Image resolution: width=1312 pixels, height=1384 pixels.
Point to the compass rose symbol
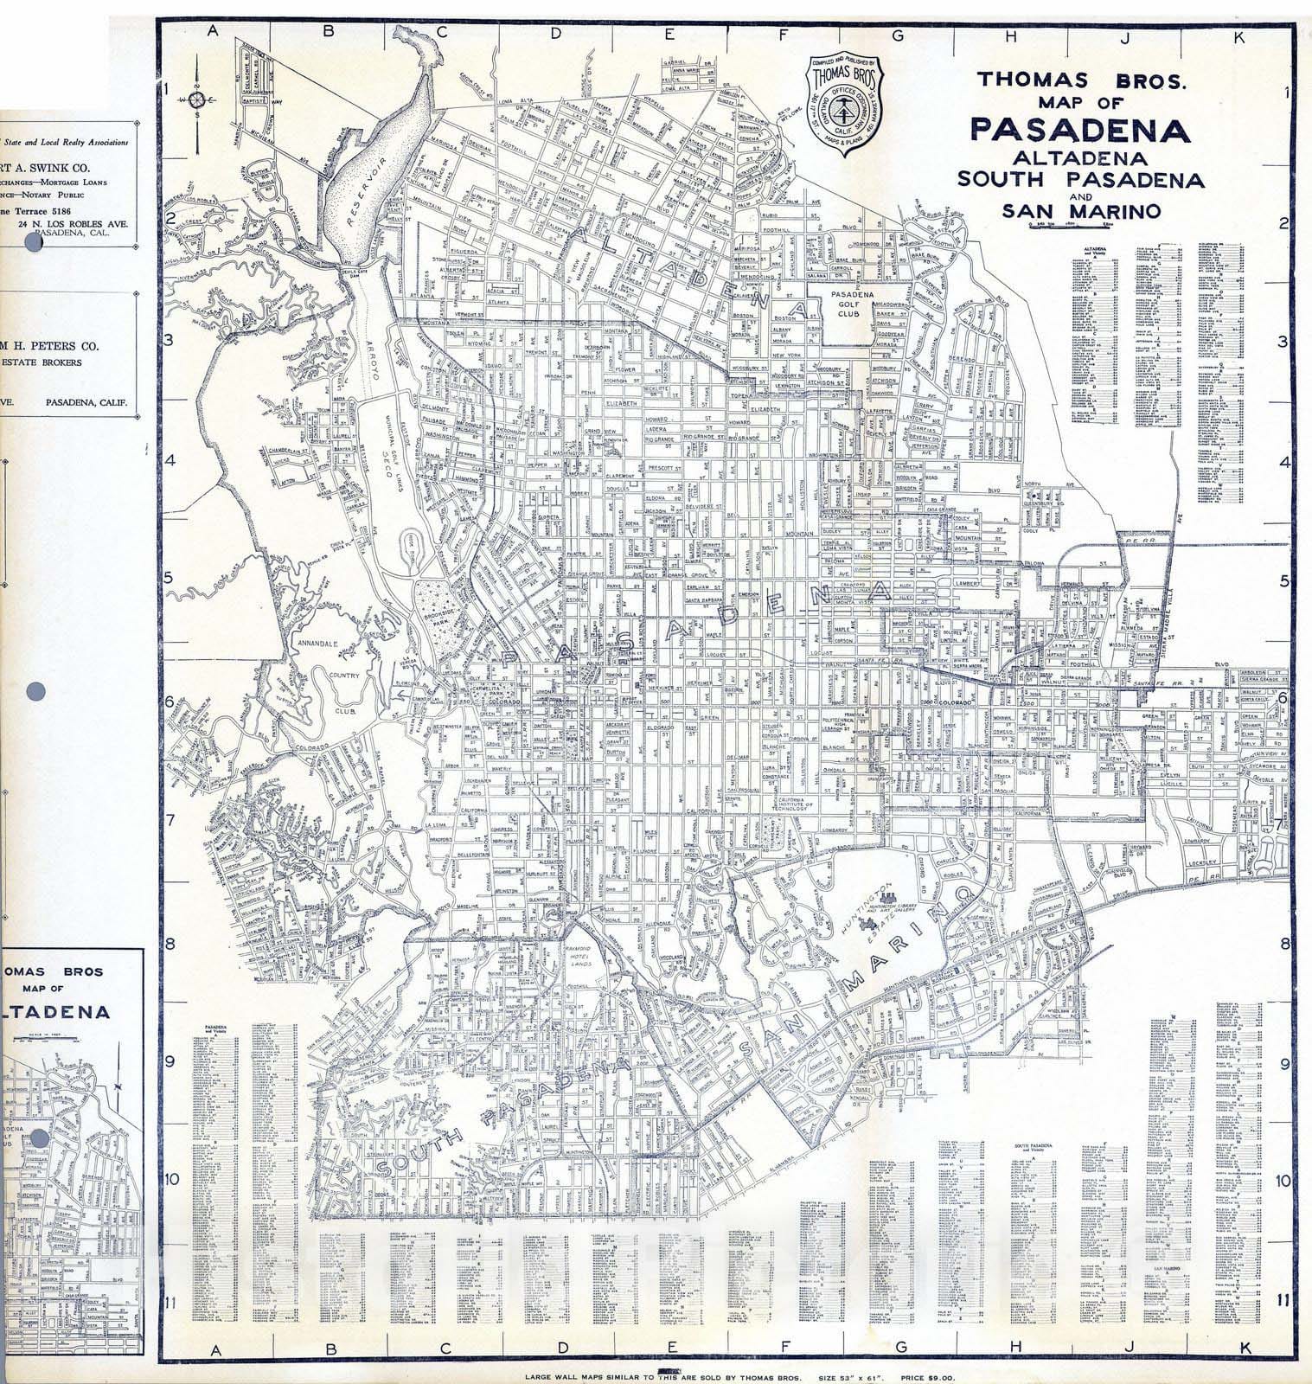click(x=197, y=100)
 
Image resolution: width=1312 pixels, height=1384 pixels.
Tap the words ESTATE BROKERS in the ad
click(x=41, y=362)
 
